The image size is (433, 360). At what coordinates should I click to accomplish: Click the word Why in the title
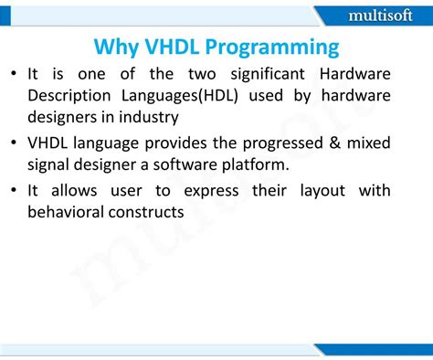click(116, 48)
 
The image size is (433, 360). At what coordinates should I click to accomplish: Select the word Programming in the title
click(278, 48)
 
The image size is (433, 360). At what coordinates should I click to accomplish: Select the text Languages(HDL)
click(196, 96)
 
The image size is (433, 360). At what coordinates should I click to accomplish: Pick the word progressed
click(274, 144)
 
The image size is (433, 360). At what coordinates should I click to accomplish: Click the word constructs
click(159, 213)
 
